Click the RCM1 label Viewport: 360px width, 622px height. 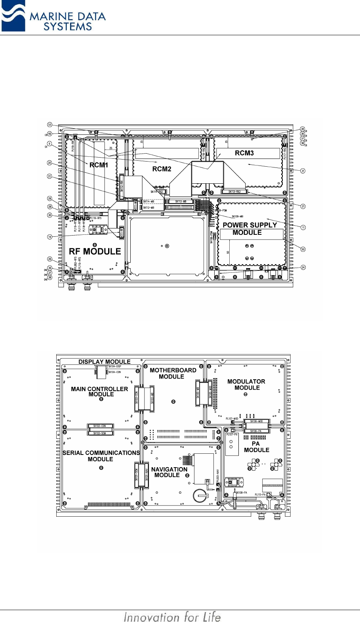(x=99, y=165)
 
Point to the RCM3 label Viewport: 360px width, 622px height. (x=244, y=153)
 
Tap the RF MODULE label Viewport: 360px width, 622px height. (x=95, y=251)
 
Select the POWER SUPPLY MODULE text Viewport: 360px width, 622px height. (x=249, y=229)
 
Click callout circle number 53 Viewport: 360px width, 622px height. (x=50, y=124)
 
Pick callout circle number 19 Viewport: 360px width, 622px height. (x=50, y=237)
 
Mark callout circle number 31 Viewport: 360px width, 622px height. (x=303, y=171)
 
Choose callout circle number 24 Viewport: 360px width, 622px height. (x=303, y=267)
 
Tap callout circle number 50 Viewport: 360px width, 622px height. (x=303, y=249)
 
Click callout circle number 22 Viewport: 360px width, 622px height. (x=50, y=176)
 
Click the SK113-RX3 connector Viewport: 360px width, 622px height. (x=234, y=192)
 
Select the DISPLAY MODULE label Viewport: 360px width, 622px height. (x=104, y=361)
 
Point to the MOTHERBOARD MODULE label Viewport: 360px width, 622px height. (x=173, y=373)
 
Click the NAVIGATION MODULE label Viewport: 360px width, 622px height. (x=169, y=472)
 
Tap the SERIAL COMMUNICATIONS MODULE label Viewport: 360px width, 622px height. (x=101, y=456)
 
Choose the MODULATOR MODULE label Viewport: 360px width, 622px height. (x=246, y=384)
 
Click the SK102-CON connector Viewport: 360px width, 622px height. (x=100, y=426)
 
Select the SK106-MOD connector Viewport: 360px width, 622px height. (x=256, y=421)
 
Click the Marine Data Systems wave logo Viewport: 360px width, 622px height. (x=13, y=17)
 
